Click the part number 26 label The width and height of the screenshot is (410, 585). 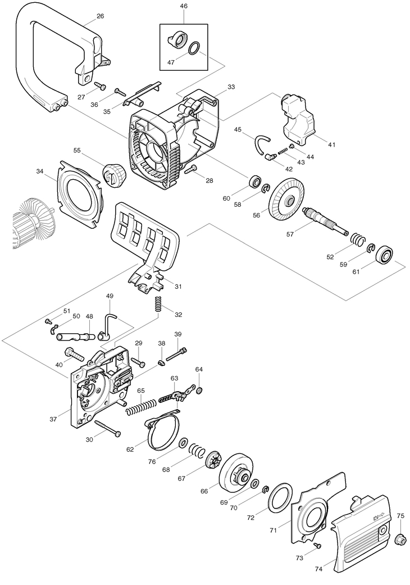[x=101, y=16]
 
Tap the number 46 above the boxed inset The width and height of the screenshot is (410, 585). [x=184, y=6]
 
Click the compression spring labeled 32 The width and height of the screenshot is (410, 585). [x=159, y=304]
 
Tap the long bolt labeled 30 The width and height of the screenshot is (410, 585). [x=108, y=428]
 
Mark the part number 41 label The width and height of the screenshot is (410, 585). [x=332, y=144]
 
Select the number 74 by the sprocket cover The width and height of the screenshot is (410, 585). [x=319, y=569]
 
